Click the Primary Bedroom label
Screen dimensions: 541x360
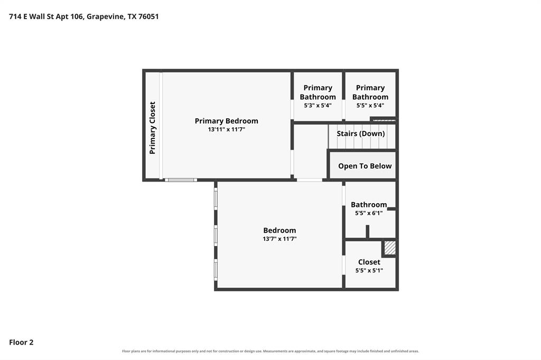[226, 121]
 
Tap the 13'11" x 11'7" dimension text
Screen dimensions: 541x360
[226, 130]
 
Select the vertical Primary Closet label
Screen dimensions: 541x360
[152, 128]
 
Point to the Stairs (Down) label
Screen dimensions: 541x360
[360, 134]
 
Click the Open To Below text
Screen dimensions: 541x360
[365, 166]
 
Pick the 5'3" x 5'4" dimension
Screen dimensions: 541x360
[318, 106]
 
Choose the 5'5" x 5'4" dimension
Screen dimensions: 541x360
[370, 106]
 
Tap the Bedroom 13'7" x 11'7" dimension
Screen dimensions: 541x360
[279, 239]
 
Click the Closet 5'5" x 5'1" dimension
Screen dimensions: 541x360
[369, 271]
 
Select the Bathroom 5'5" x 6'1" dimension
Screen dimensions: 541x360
[369, 213]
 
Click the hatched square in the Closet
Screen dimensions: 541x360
[389, 248]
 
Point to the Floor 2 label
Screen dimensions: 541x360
[21, 343]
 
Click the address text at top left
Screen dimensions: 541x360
[84, 16]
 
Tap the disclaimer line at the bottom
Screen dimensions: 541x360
[270, 351]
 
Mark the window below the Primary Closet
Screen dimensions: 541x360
[181, 180]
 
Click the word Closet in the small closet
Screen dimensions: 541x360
[369, 262]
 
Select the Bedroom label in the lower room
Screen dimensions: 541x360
[279, 230]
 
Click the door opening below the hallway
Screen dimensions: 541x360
[310, 180]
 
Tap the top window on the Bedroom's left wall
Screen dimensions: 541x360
[216, 199]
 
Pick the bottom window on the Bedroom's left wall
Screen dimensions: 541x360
[216, 270]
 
